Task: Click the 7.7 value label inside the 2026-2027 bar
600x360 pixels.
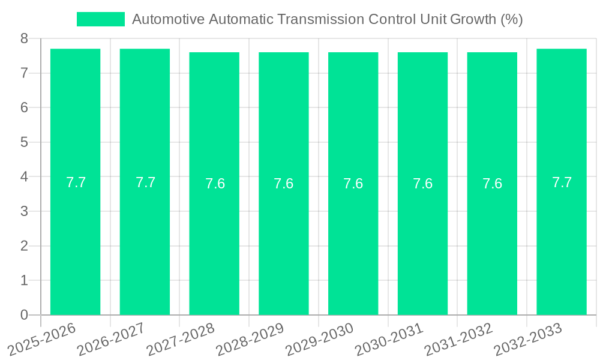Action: coord(145,182)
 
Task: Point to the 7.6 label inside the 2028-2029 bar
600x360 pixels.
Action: coord(283,184)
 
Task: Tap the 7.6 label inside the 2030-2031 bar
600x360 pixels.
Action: coord(422,184)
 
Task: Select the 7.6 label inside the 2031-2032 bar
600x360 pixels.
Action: coord(492,184)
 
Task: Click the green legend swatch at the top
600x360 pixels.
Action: coord(100,19)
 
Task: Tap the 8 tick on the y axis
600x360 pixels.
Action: coord(24,38)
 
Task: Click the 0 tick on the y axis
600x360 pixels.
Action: coord(24,315)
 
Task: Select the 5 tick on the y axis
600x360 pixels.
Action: coord(24,142)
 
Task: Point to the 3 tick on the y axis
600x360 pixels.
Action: coord(24,211)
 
